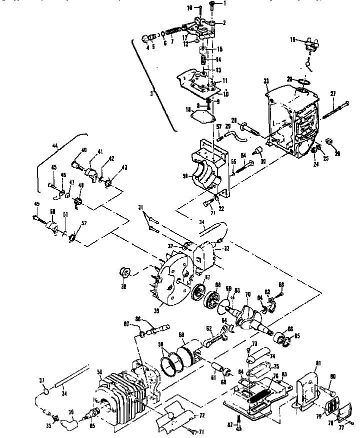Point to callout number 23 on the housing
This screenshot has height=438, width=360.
[266, 81]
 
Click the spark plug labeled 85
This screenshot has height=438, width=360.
[93, 413]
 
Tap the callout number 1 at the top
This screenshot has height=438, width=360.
[225, 3]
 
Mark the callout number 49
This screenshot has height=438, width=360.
[36, 203]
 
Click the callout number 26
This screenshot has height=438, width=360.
[337, 154]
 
